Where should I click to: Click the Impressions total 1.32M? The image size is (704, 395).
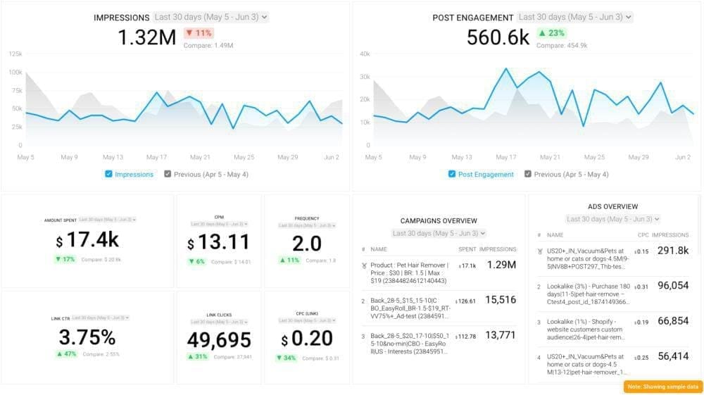pos(147,38)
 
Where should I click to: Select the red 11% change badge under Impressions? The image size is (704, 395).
pos(199,33)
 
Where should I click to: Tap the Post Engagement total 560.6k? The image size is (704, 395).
pos(498,38)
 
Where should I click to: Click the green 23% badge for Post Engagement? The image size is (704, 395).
pos(552,33)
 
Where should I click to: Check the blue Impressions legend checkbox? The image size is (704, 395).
pos(108,174)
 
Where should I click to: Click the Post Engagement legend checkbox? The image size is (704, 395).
pos(452,174)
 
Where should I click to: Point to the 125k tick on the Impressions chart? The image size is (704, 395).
pos(15,54)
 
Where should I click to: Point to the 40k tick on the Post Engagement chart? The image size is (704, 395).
pos(364,54)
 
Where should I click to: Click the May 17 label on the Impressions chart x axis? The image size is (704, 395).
pos(156,157)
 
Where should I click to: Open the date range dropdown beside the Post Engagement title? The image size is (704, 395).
pos(575,17)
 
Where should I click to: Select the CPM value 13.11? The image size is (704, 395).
pos(218,243)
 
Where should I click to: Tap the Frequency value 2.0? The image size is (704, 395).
pos(307,243)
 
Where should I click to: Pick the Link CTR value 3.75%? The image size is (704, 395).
pos(87,337)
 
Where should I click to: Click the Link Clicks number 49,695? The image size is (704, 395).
pos(219,340)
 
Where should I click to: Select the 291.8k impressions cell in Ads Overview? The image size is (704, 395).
pos(672,251)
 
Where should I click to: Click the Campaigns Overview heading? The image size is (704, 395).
pos(439,221)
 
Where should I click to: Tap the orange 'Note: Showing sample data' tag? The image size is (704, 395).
pos(662,387)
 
